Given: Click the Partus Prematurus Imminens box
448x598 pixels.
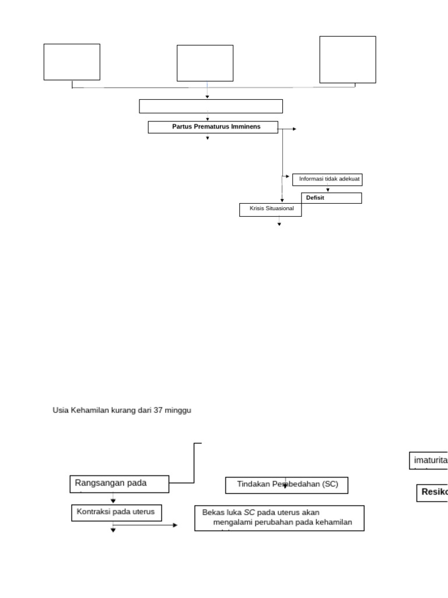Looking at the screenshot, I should tap(213, 127).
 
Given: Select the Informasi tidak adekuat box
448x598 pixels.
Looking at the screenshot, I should tap(328, 179).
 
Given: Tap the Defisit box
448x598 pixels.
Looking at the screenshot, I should tap(331, 198).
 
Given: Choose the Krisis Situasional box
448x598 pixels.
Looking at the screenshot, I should tap(270, 210).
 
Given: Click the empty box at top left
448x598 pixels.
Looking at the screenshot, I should tap(72, 62).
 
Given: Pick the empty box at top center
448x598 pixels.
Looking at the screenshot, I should tap(205, 63).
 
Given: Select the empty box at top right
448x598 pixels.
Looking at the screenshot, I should tap(348, 60).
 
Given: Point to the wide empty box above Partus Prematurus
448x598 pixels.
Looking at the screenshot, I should tap(211, 106).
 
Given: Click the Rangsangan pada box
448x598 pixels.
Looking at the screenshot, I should tap(120, 484).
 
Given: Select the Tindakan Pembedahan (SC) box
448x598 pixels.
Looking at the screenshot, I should tap(286, 485).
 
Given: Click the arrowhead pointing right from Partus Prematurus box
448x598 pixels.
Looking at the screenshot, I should tap(294, 129).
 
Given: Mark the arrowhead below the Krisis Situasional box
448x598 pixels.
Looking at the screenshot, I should tap(279, 224).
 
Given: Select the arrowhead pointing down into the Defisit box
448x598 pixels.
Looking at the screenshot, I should tap(328, 190).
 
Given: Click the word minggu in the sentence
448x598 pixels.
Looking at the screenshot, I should tap(178, 411).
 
